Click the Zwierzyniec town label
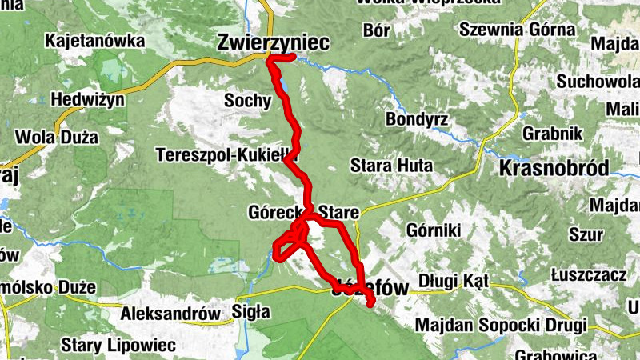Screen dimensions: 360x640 point(274,45)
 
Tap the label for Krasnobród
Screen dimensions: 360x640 point(553,168)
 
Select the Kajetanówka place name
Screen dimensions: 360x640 point(95,40)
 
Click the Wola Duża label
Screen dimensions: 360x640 point(61,138)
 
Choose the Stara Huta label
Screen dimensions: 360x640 point(392,166)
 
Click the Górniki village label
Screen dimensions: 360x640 point(434,230)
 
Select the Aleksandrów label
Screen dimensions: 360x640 point(170,314)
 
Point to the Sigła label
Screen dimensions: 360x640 point(250,311)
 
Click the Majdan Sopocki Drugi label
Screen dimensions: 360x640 point(502,326)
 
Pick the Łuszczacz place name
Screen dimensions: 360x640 point(588,274)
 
